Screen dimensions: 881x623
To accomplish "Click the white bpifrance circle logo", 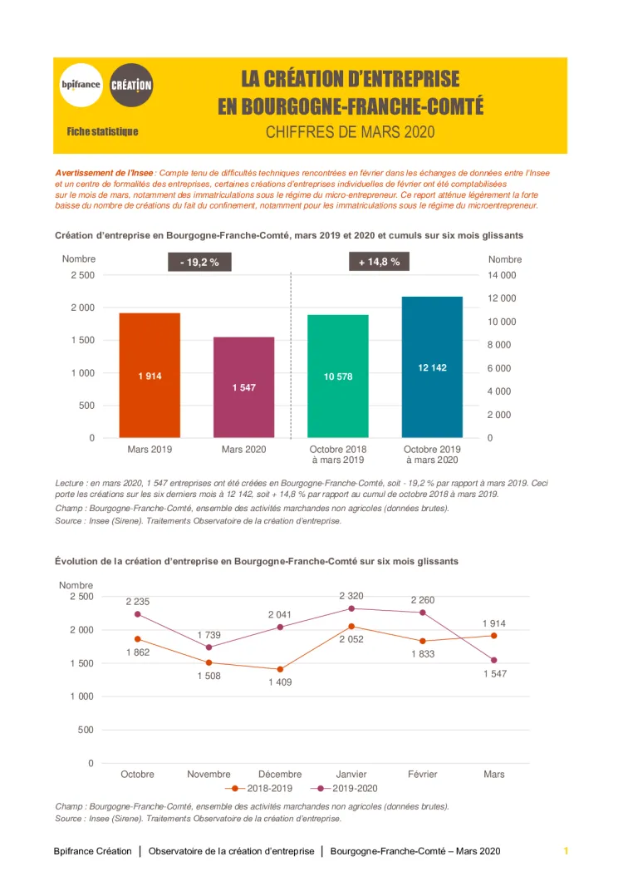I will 81,85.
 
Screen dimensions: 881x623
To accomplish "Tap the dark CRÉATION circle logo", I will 131,85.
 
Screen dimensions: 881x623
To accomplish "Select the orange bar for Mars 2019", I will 150,376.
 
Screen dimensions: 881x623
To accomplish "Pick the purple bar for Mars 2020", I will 243,387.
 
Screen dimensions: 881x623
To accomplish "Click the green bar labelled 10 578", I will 338,377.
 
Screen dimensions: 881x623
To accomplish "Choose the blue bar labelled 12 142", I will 432,367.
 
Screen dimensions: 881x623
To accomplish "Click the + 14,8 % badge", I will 379,262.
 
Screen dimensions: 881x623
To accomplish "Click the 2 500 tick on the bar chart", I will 81,275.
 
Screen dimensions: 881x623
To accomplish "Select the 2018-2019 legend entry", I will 260,788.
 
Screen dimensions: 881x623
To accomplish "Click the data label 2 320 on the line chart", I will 351,596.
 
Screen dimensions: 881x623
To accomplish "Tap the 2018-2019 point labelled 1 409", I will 280,669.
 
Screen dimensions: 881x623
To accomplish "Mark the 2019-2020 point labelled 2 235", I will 138,614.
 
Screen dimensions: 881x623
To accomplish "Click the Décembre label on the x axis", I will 280,774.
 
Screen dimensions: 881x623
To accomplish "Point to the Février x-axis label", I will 423,774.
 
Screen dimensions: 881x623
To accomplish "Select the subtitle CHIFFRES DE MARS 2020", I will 351,132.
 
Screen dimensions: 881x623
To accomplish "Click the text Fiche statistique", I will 102,132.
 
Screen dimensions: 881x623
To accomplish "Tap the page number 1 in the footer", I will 566,851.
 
